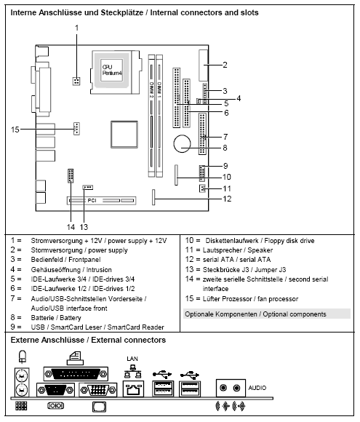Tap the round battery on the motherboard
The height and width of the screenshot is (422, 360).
(182, 144)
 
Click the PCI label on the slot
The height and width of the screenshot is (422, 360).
(92, 198)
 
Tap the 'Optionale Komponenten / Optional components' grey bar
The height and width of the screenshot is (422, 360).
(265, 314)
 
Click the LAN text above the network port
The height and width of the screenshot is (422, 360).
(132, 359)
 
